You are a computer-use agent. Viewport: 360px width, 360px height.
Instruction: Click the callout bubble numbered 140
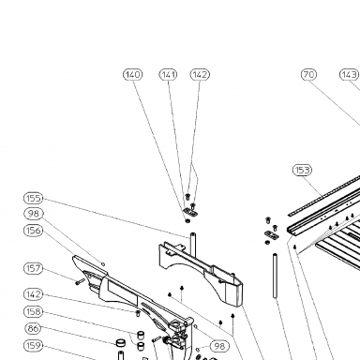[x=133, y=75]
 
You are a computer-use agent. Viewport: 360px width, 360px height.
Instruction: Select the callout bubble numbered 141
[x=169, y=75]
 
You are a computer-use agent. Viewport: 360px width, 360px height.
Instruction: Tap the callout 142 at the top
[x=200, y=75]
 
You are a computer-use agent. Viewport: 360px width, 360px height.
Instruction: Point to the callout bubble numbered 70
[x=308, y=75]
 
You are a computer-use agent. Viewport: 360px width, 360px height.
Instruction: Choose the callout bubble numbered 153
[x=302, y=170]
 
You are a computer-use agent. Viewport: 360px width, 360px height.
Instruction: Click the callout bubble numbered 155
[x=34, y=198]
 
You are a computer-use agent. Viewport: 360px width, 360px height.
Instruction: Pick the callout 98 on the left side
[x=34, y=214]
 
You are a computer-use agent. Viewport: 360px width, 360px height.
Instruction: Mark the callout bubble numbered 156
[x=34, y=231]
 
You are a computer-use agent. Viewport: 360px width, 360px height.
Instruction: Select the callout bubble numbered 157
[x=34, y=268]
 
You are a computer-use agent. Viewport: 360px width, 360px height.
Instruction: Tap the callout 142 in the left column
[x=34, y=294]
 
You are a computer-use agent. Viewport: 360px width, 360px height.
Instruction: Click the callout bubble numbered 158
[x=34, y=311]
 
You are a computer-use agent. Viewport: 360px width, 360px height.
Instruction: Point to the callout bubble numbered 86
[x=33, y=328]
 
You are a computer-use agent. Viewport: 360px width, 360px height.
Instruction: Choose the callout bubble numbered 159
[x=34, y=346]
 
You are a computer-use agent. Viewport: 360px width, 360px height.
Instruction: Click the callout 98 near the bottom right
[x=219, y=346]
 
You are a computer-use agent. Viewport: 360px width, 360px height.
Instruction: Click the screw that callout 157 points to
[x=80, y=281]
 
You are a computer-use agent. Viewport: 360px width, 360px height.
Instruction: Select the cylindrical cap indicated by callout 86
[x=121, y=343]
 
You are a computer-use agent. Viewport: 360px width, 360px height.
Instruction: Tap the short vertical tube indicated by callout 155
[x=193, y=245]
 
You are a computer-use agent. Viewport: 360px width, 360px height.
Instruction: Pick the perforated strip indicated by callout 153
[x=323, y=196]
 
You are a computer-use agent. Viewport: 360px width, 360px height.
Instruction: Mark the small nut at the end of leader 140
[x=187, y=221]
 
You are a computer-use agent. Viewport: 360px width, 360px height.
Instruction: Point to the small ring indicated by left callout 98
[x=103, y=264]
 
